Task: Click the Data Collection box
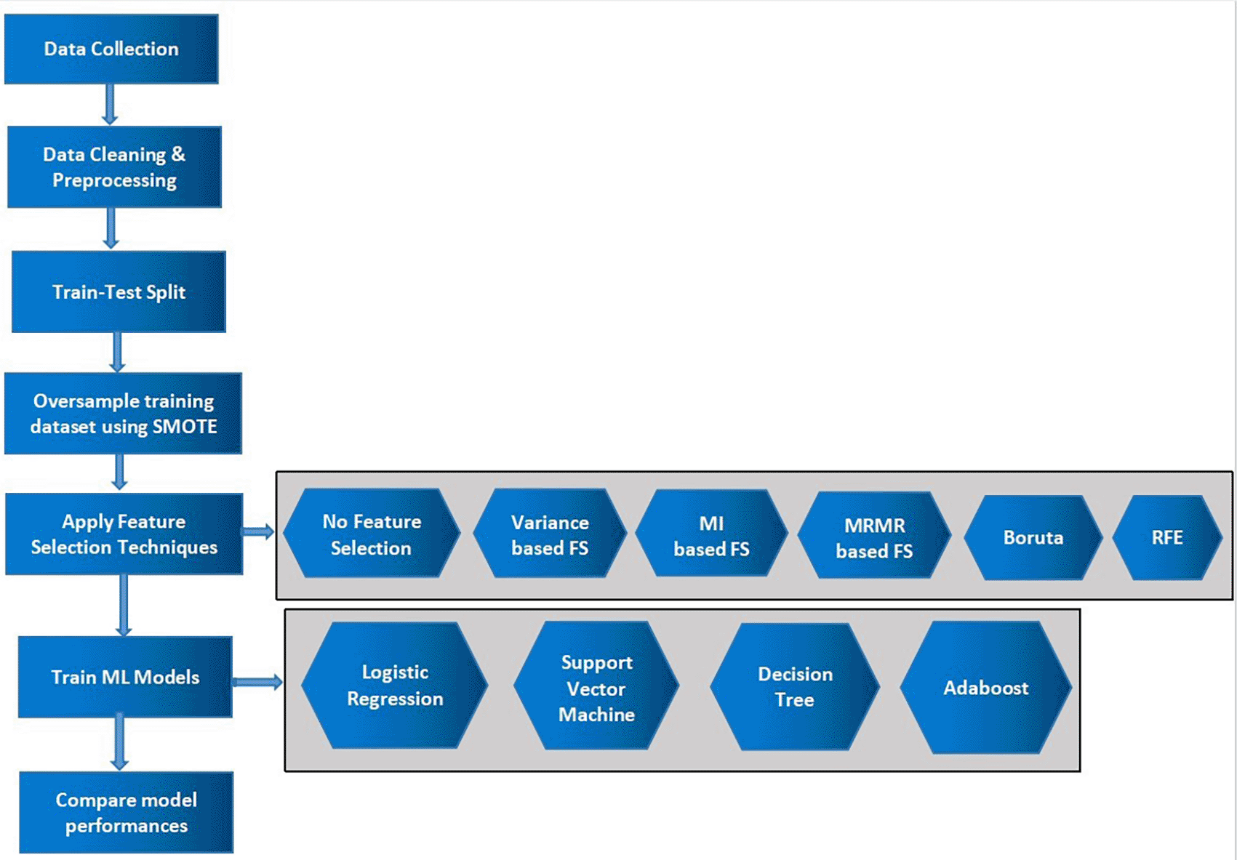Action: [111, 49]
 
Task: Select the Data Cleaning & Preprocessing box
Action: [114, 166]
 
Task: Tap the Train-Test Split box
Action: [119, 292]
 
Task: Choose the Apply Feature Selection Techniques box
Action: [124, 534]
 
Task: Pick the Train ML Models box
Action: [125, 677]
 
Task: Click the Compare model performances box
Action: [127, 812]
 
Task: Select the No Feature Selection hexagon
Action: [372, 533]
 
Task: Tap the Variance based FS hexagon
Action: [550, 534]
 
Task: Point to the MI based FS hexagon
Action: [711, 534]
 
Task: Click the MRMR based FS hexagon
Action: [874, 536]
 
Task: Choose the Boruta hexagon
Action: [1033, 538]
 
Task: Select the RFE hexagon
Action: [1167, 538]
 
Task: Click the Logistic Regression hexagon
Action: [395, 686]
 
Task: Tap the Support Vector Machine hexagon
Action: [596, 686]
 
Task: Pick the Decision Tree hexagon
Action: [796, 687]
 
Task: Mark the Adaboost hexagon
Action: [986, 688]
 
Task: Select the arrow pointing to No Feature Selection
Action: [258, 532]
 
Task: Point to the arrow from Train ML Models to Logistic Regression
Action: [257, 683]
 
